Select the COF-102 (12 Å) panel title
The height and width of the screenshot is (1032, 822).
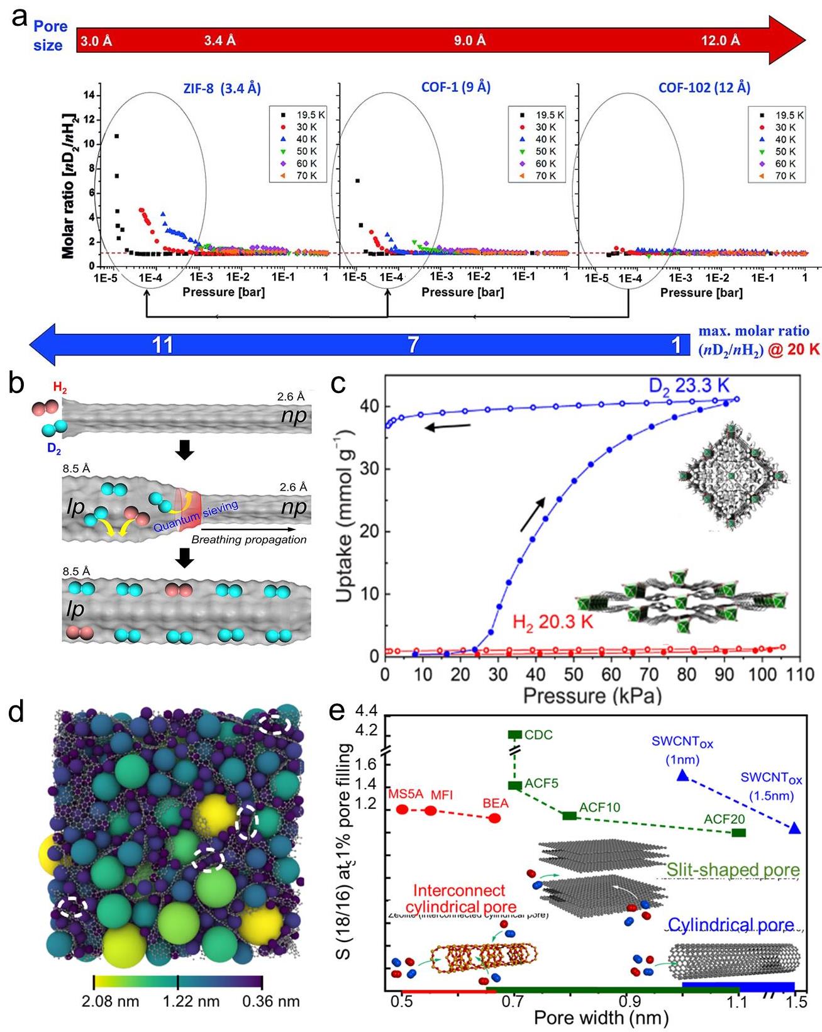coord(704,88)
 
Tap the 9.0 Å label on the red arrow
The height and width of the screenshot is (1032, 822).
coord(470,41)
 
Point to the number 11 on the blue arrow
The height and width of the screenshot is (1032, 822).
coord(163,345)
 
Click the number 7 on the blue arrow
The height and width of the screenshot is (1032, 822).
coord(413,345)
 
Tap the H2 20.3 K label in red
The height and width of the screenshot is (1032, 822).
coord(553,623)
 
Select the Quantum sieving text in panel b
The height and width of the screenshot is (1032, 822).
coord(196,516)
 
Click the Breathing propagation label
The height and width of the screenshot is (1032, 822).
coord(249,540)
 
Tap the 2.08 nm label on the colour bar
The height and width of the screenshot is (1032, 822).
coord(110,1001)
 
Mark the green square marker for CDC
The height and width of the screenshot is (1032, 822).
coord(515,735)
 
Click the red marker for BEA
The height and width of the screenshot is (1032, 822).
coord(494,818)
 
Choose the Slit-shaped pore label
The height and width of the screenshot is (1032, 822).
coord(733,870)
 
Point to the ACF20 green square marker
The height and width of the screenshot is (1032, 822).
coord(739,833)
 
